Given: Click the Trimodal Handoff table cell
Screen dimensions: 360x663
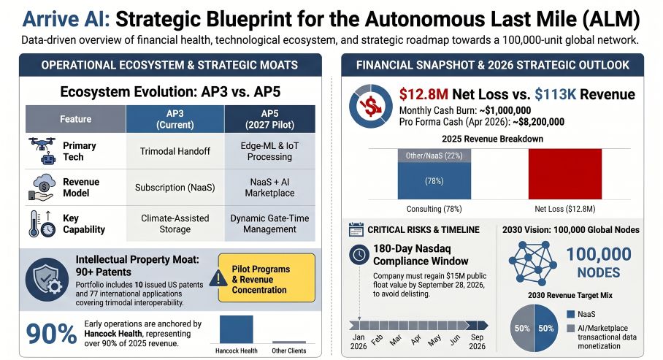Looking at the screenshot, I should click(x=175, y=151).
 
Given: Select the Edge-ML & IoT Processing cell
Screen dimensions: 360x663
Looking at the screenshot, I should click(x=269, y=151).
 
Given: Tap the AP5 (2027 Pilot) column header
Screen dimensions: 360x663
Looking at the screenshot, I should click(x=269, y=118).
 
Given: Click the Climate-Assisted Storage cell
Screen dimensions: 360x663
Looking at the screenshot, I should click(x=175, y=223).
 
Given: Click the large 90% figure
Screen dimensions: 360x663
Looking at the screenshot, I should click(x=52, y=334).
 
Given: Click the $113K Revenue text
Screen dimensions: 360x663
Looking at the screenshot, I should click(x=584, y=94).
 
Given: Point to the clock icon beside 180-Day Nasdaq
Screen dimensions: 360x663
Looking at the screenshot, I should click(x=359, y=254).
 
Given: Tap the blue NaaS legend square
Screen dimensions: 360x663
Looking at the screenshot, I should click(x=570, y=315).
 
